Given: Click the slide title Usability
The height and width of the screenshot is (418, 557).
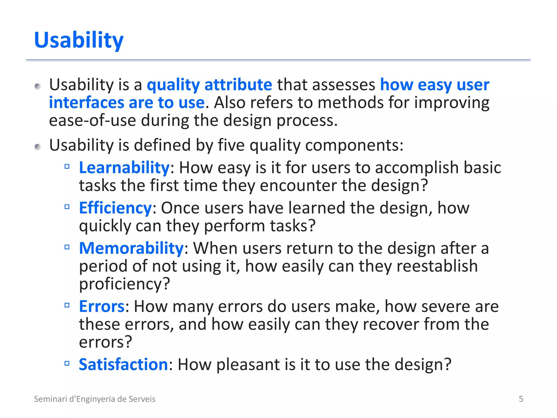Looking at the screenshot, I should click(x=79, y=40).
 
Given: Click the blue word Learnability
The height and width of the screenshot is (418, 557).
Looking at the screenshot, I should click(x=124, y=167).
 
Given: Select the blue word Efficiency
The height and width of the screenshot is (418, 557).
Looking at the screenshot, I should click(x=115, y=208).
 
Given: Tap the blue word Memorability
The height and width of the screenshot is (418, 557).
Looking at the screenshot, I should click(x=131, y=248).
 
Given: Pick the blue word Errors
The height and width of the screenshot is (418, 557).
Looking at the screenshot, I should click(x=102, y=306).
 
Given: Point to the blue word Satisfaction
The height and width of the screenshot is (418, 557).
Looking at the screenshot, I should click(x=123, y=364).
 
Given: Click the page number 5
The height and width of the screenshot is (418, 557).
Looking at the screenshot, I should click(x=521, y=399).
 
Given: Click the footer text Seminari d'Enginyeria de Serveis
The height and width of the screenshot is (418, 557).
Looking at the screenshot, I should click(x=95, y=399).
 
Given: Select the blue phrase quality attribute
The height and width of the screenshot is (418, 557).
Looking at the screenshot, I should click(x=209, y=85).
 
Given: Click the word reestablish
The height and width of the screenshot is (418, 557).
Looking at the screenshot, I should click(x=437, y=266).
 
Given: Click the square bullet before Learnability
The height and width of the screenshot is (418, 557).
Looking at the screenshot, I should click(x=67, y=166).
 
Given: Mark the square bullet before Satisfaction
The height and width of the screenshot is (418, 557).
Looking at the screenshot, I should click(x=67, y=363).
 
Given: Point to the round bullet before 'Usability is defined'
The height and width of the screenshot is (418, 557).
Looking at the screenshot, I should click(x=38, y=147).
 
